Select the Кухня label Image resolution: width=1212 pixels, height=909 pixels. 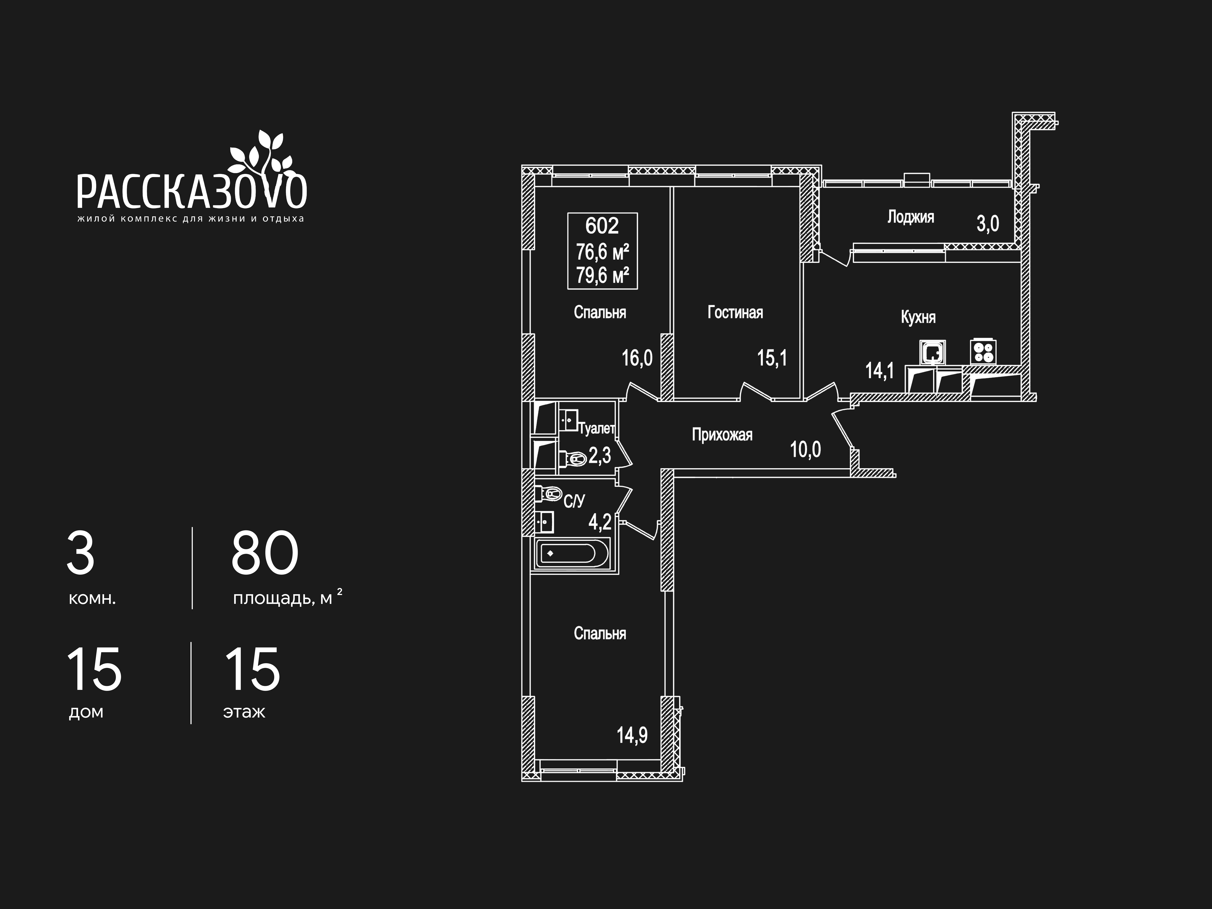point(918,317)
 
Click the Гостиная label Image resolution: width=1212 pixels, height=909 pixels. point(735,312)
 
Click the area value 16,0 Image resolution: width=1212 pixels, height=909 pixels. point(637,358)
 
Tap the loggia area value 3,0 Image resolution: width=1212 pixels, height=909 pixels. point(988,223)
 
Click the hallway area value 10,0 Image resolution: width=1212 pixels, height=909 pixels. point(805,450)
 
